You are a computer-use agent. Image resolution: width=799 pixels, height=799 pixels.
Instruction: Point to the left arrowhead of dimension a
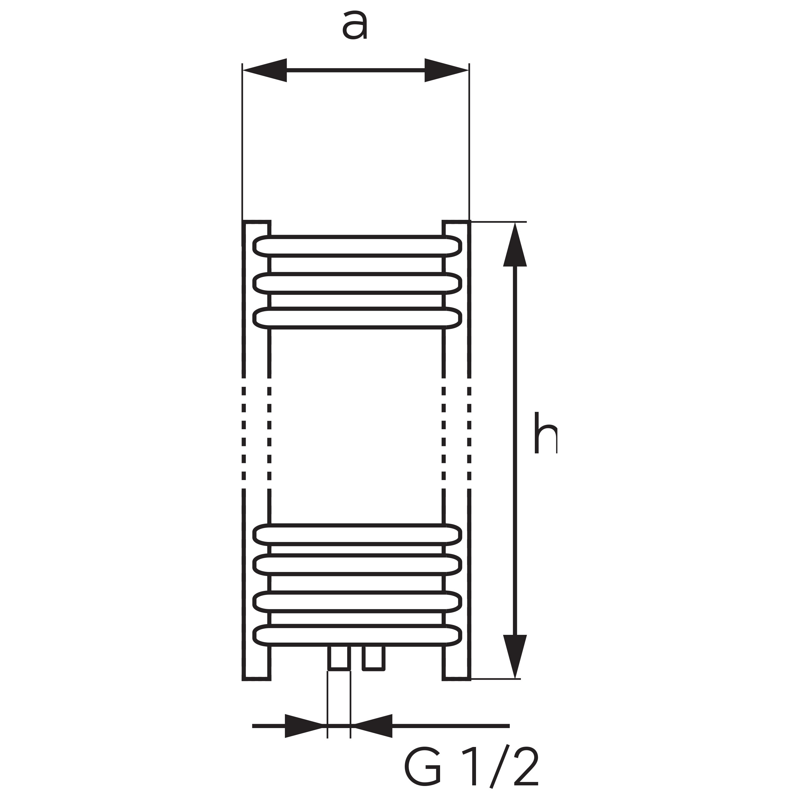265,70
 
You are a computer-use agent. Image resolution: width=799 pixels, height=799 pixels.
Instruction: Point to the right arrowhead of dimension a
447,70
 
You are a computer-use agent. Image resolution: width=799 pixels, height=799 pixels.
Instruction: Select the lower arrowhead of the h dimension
515,656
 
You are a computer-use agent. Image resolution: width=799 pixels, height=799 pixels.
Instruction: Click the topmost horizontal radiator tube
357,247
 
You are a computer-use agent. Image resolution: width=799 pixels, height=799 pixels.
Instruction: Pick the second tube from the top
357,283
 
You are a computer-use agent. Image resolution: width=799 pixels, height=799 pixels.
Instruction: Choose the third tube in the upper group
357,318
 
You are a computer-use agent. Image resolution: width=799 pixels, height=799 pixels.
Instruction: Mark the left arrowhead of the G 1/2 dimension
304,726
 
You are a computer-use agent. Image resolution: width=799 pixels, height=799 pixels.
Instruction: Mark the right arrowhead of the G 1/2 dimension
373,726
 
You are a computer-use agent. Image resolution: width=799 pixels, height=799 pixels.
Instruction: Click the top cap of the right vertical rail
456,222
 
